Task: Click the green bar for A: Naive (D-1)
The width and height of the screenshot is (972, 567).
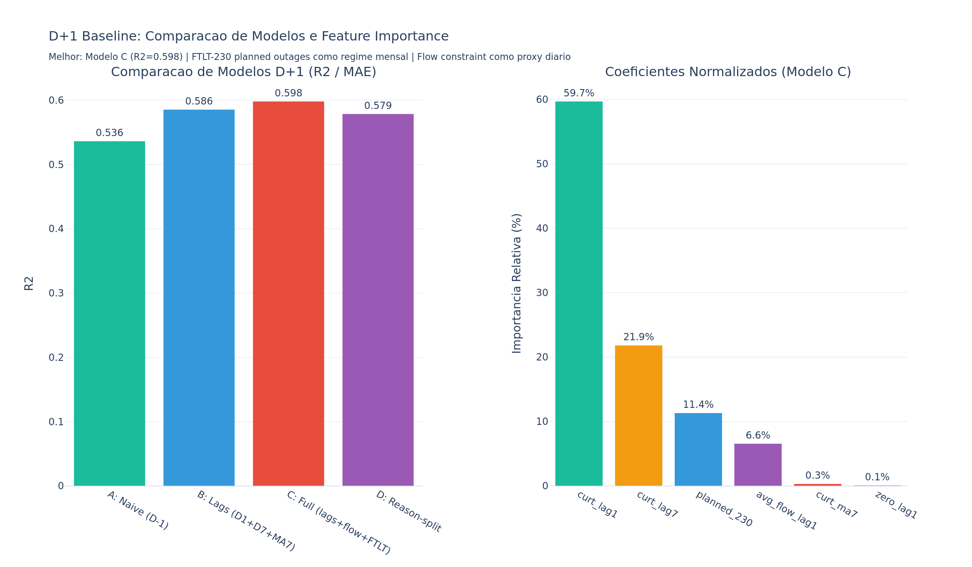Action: (109, 313)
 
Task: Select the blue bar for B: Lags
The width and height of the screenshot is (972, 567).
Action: (199, 298)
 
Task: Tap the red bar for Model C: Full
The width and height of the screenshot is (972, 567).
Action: (288, 294)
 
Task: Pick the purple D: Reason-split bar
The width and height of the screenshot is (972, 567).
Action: (378, 300)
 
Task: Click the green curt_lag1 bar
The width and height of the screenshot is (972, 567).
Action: (579, 294)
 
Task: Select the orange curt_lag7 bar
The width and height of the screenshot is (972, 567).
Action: (638, 416)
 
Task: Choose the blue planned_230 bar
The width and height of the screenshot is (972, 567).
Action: (698, 449)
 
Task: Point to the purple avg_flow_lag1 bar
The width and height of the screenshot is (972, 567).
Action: (758, 465)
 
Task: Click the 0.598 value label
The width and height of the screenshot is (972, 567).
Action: (288, 93)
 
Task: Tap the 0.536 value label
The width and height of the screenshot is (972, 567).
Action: (109, 133)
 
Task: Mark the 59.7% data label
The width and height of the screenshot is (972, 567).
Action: (579, 93)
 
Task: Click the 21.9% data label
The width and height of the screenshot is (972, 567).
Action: (638, 337)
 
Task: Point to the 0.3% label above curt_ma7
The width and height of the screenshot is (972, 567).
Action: (817, 475)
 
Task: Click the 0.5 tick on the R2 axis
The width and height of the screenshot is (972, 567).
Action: (56, 165)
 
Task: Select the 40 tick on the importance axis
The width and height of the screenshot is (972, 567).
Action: (542, 228)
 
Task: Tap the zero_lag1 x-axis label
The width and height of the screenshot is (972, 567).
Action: (896, 505)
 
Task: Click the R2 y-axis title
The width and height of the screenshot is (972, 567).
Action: (29, 283)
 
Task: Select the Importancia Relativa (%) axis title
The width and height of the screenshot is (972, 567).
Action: (517, 283)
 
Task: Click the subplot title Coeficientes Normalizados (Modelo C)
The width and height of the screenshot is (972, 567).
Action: (728, 72)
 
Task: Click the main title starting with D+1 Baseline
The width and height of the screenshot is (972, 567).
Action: (248, 36)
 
